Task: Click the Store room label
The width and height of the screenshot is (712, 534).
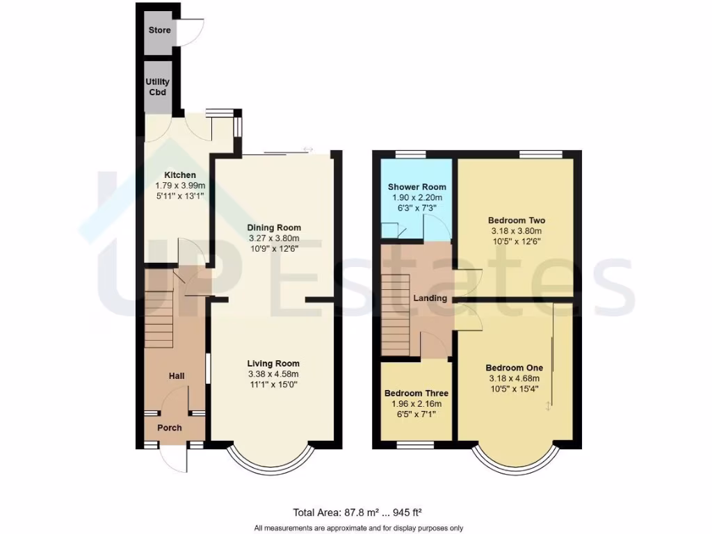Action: pyautogui.click(x=159, y=31)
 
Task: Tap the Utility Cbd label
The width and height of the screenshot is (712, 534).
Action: pyautogui.click(x=157, y=87)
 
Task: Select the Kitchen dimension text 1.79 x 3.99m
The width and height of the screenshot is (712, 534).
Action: pyautogui.click(x=180, y=186)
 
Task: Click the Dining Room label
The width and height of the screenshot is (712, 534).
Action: pyautogui.click(x=275, y=227)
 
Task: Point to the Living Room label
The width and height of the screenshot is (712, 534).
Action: pyautogui.click(x=274, y=363)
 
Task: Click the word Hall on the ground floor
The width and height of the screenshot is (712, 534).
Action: pyautogui.click(x=177, y=375)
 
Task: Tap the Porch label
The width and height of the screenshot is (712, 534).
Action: pyautogui.click(x=169, y=428)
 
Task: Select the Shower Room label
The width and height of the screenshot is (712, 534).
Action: pyautogui.click(x=417, y=187)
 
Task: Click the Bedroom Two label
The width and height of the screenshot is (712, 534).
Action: pyautogui.click(x=516, y=220)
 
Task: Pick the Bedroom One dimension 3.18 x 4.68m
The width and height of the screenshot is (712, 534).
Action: pyautogui.click(x=515, y=379)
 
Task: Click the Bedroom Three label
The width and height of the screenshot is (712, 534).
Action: pyautogui.click(x=416, y=393)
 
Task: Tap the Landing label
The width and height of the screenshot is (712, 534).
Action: pyautogui.click(x=430, y=298)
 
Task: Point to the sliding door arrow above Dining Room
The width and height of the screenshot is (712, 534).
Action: pyautogui.click(x=308, y=149)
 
